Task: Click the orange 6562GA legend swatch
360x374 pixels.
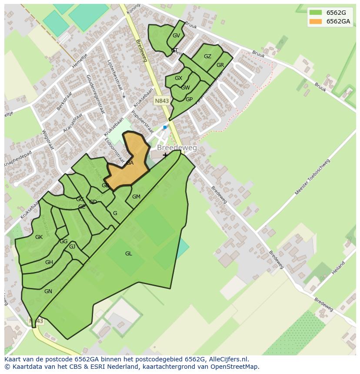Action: (316, 22)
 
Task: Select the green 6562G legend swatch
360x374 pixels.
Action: (316, 13)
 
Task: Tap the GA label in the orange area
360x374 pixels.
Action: (129, 163)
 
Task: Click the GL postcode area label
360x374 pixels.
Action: (128, 254)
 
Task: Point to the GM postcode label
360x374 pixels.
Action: (136, 197)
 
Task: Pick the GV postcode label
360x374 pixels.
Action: (176, 36)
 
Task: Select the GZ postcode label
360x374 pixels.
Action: (207, 56)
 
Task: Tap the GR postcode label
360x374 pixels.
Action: (220, 65)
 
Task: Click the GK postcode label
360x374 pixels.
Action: (39, 237)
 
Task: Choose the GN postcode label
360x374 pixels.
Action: (48, 291)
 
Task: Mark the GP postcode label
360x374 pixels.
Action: (189, 99)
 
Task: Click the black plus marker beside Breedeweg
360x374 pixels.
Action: (165, 155)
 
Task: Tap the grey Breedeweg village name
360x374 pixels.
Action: (177, 148)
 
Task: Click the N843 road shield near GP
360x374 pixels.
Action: (162, 101)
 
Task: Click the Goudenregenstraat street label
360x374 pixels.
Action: (96, 94)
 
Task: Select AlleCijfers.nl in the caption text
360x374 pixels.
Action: (226, 359)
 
